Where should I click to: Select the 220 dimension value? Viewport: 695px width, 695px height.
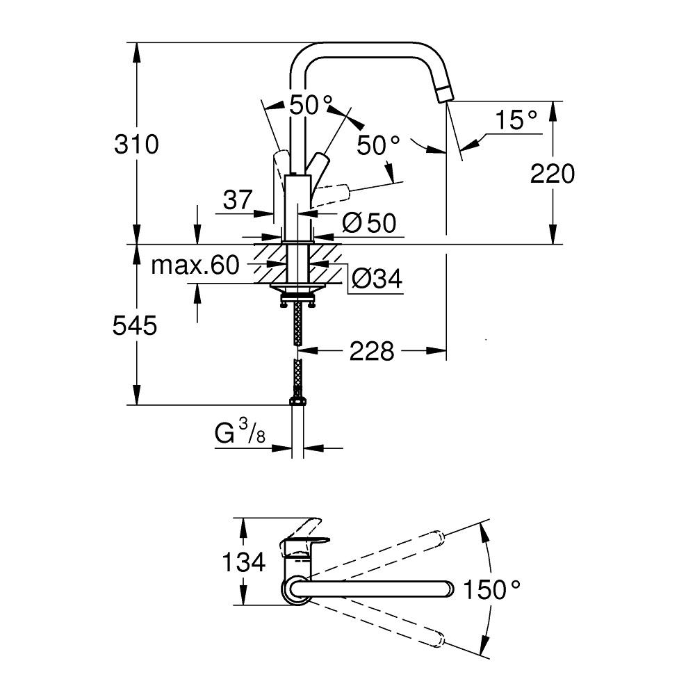(x=553, y=174)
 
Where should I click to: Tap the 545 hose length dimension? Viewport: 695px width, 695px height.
(x=135, y=325)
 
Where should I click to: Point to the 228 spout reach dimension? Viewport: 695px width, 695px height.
(x=371, y=352)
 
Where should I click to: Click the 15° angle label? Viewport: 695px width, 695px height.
(x=517, y=120)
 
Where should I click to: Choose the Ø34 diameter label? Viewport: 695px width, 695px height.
(x=376, y=279)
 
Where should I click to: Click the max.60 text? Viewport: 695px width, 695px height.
(x=195, y=265)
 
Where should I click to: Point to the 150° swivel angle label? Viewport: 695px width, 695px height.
(x=493, y=590)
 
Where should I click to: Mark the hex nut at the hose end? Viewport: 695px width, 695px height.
(x=297, y=402)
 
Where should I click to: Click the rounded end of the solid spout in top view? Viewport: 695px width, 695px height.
(x=448, y=590)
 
